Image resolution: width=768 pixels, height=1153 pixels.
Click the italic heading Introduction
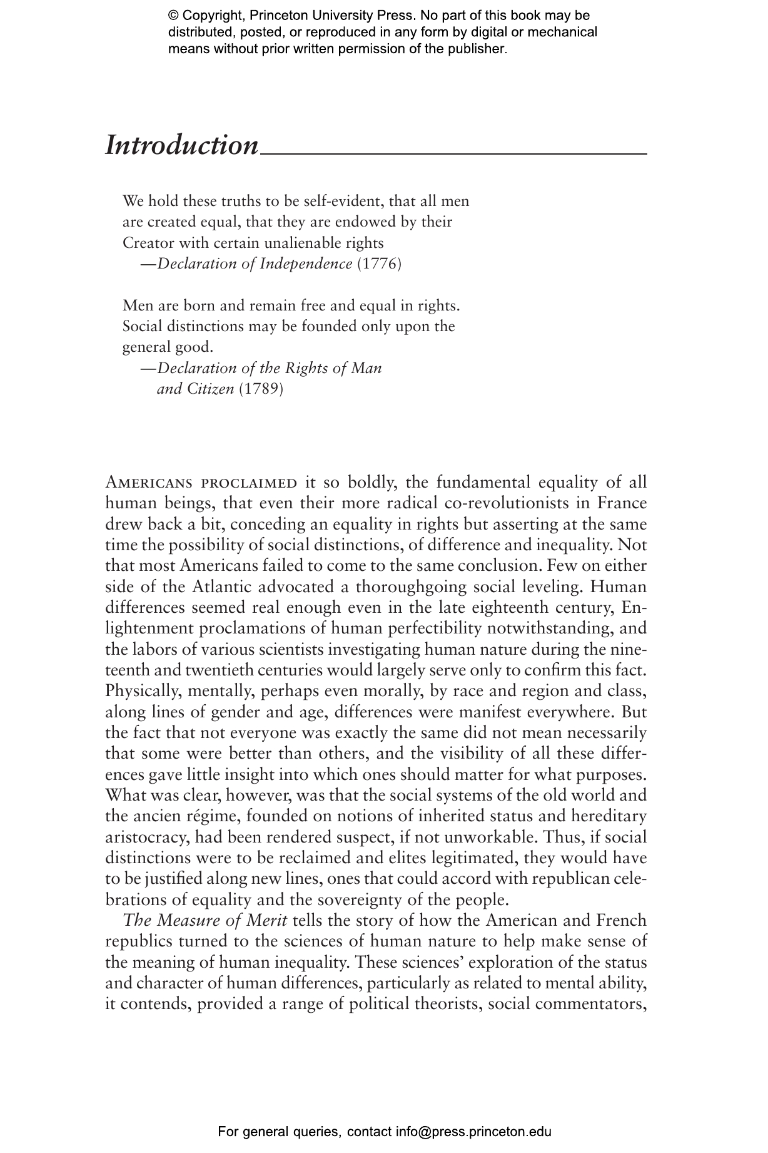point(181,145)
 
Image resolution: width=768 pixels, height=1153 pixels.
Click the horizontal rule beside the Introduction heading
point(453,153)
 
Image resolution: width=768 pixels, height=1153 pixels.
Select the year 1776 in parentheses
point(378,264)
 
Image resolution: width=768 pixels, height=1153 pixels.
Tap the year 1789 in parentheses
point(261,389)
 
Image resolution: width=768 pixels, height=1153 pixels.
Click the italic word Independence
point(306,264)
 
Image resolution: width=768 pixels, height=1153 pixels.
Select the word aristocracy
point(147,837)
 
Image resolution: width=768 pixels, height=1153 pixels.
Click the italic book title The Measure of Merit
point(205,921)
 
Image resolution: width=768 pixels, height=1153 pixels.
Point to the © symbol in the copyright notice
point(174,16)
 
